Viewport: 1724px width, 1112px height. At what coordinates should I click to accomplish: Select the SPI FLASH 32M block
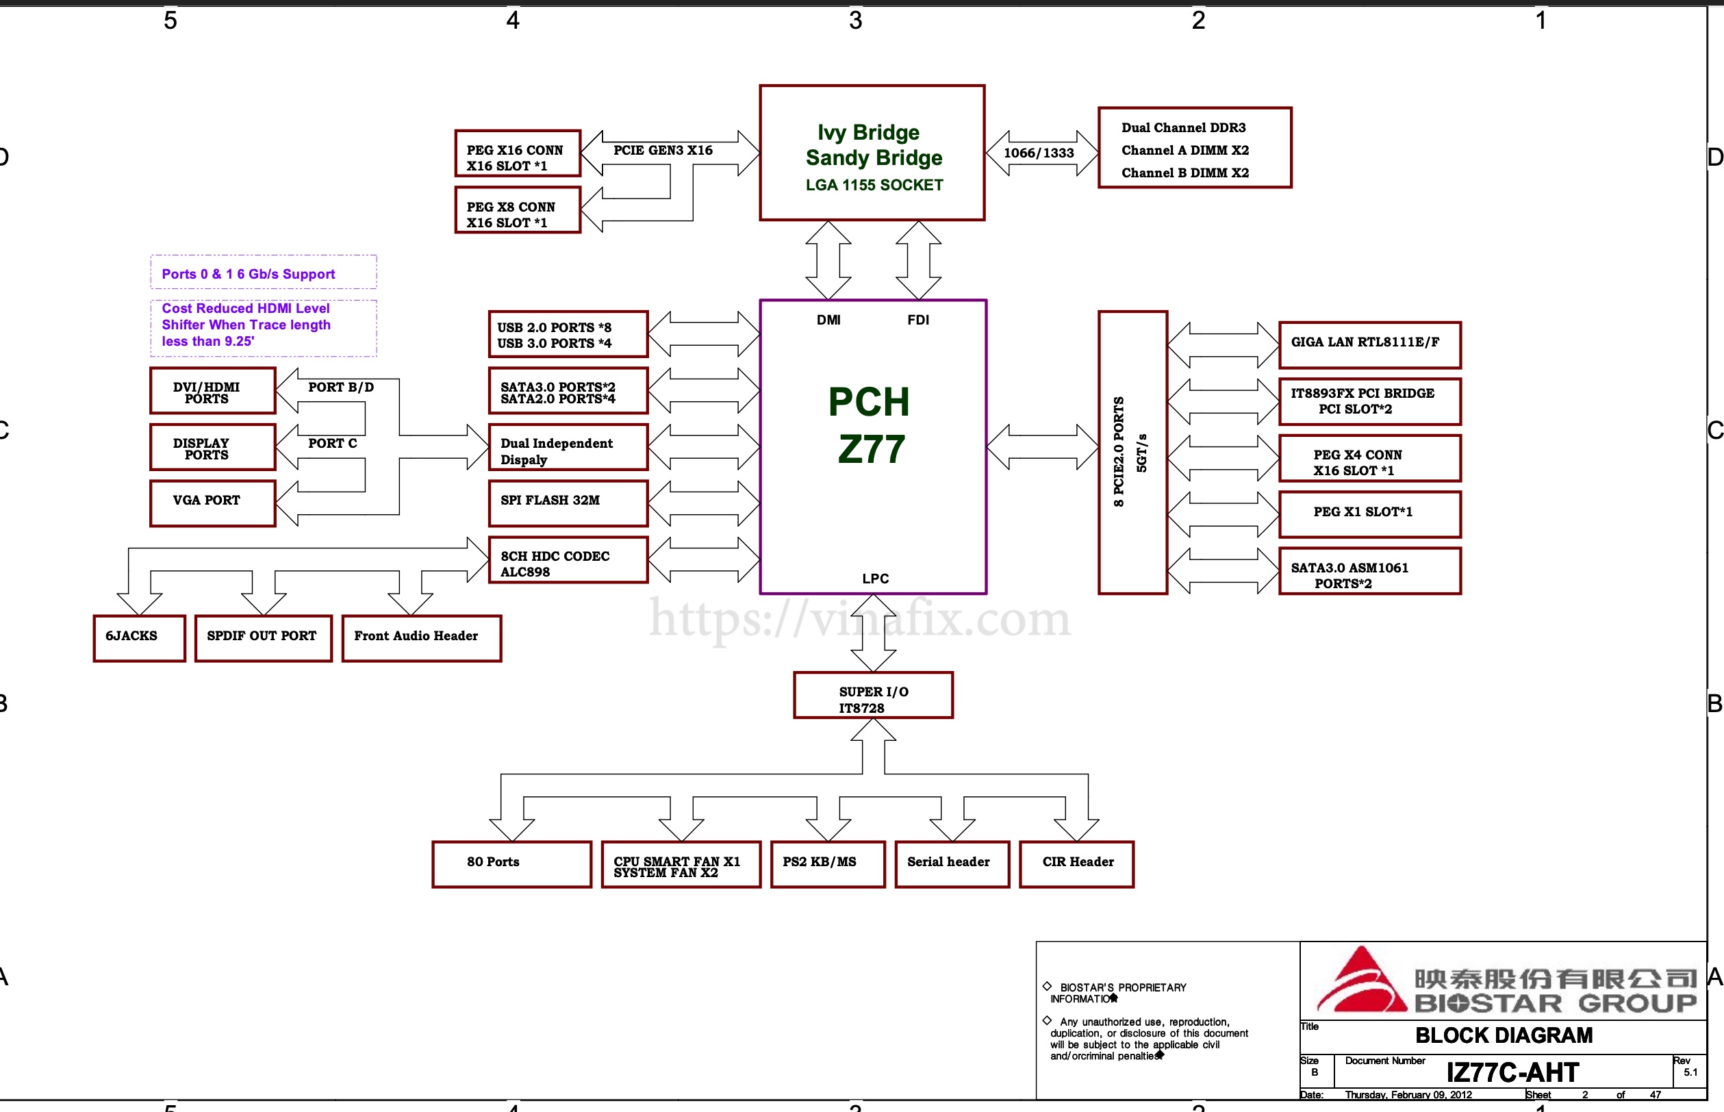tap(568, 503)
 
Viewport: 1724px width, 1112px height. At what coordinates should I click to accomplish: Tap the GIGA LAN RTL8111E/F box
tap(1369, 344)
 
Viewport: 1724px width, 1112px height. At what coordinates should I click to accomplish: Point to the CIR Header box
tap(1076, 864)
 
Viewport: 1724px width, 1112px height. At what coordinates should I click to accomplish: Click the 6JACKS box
tap(140, 637)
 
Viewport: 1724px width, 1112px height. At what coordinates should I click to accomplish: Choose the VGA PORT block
tap(213, 503)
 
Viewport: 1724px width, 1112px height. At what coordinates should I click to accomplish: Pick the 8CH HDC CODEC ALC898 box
tap(568, 559)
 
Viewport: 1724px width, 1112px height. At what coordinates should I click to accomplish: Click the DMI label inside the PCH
tap(828, 320)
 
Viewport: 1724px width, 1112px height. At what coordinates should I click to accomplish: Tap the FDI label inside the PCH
tap(918, 320)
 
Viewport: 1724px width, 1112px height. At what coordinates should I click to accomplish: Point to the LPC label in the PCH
tap(875, 579)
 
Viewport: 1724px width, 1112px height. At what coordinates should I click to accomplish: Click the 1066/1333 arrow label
tap(1039, 153)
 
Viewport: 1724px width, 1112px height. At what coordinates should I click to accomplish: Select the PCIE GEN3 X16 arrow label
tap(663, 150)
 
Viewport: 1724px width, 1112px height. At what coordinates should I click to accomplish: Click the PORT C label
tap(333, 443)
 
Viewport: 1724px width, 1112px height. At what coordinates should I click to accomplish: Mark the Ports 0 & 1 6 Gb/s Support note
tap(249, 274)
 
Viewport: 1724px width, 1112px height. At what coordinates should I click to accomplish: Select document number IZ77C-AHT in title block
tap(1512, 1072)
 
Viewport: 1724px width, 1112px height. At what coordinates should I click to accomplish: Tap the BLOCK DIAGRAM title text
tap(1504, 1035)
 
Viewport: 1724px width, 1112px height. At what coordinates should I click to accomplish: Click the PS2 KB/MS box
tap(827, 864)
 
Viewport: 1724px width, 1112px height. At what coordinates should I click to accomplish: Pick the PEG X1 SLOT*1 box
tap(1369, 514)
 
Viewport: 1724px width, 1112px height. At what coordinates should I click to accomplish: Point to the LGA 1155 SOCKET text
tap(874, 185)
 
